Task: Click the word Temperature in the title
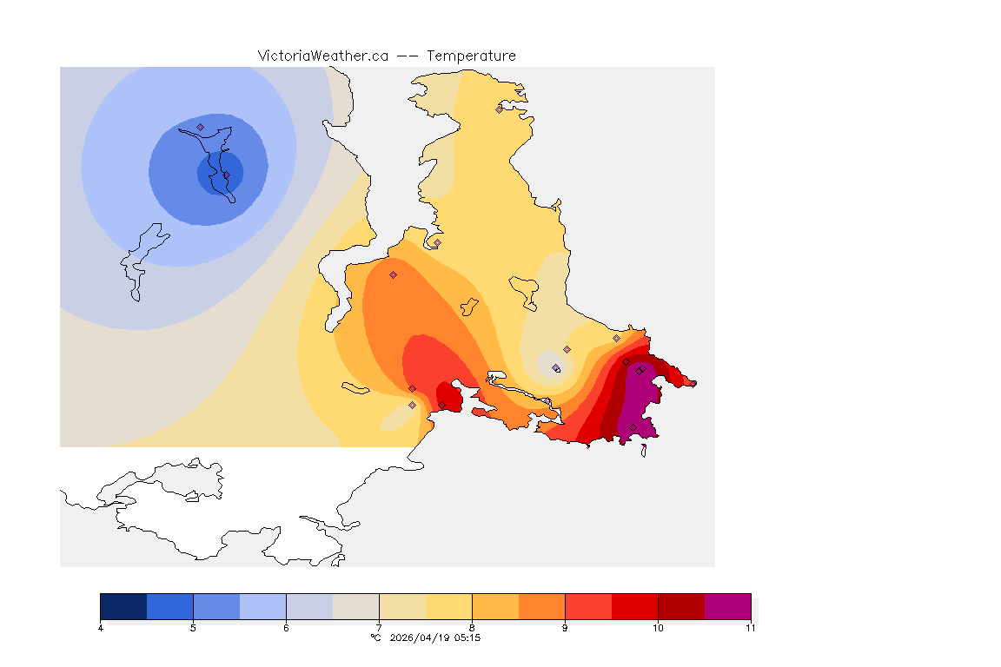point(472,56)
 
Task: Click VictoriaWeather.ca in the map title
point(322,56)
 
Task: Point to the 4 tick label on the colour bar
point(101,628)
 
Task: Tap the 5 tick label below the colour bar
point(193,628)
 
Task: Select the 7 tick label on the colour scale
point(379,628)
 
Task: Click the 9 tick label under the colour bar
point(565,628)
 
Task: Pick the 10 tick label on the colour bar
point(658,628)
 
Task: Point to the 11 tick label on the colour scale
point(750,628)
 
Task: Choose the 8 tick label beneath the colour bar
point(472,628)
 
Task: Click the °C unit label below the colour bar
point(375,637)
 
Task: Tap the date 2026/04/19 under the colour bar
point(420,637)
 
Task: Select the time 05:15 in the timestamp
point(467,637)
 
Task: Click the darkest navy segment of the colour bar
point(123,606)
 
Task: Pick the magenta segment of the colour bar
point(727,606)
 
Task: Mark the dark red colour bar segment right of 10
point(681,606)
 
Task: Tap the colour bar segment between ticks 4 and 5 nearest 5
point(170,606)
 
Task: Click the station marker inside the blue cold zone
point(200,127)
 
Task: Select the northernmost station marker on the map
point(499,109)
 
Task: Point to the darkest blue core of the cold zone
point(220,173)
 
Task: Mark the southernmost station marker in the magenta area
point(633,426)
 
